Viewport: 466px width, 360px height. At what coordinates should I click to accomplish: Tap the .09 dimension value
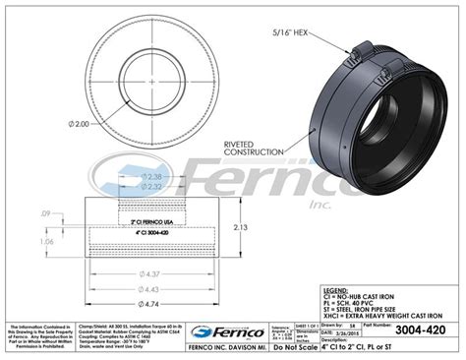click(46, 213)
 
